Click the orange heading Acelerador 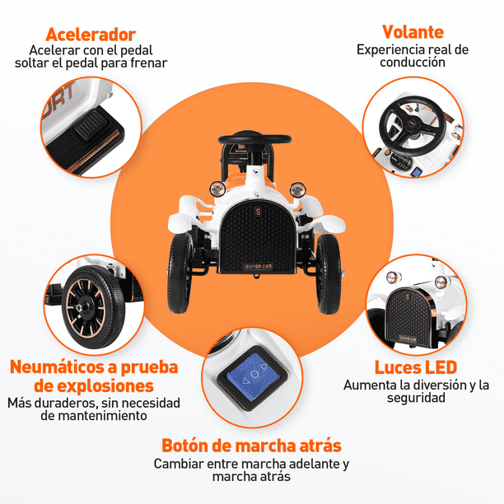(91, 35)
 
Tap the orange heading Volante (413, 32)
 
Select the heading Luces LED (416, 368)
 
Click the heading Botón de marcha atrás (251, 446)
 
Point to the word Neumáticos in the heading (58, 367)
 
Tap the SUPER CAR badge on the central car (259, 267)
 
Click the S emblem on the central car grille (258, 212)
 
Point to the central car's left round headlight (217, 189)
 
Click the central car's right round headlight (297, 189)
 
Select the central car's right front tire (329, 274)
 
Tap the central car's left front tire (180, 273)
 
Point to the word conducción (413, 63)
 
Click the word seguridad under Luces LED (416, 399)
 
